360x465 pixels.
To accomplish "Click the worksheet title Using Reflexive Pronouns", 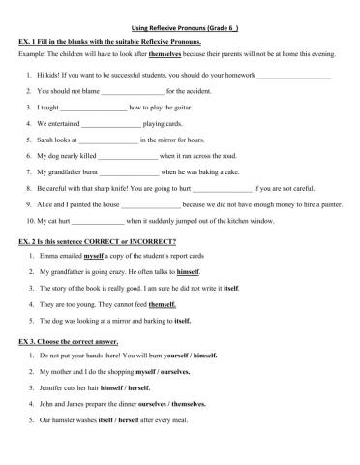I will (181, 29).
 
